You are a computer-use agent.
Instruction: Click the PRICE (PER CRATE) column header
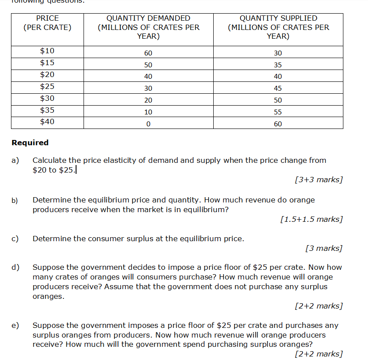click(47, 23)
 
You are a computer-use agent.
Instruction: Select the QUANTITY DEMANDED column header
click(148, 27)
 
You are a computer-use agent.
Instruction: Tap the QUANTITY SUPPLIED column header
click(278, 27)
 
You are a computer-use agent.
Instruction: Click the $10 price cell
click(47, 51)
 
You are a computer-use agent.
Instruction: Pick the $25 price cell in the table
click(47, 87)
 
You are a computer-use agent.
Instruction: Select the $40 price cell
click(47, 122)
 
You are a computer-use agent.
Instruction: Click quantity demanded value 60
click(148, 53)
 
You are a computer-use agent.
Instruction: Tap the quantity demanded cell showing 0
click(148, 124)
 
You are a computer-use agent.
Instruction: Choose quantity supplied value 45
click(278, 88)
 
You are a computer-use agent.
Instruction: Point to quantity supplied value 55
click(278, 112)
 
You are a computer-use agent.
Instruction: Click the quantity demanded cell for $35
click(148, 112)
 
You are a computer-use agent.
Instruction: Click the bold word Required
click(30, 143)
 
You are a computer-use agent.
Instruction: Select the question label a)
click(15, 160)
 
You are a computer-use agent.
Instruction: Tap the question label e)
click(15, 325)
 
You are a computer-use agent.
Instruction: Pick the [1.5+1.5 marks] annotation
click(311, 219)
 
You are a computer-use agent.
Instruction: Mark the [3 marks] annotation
click(324, 248)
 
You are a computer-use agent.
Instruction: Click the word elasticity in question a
click(119, 160)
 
